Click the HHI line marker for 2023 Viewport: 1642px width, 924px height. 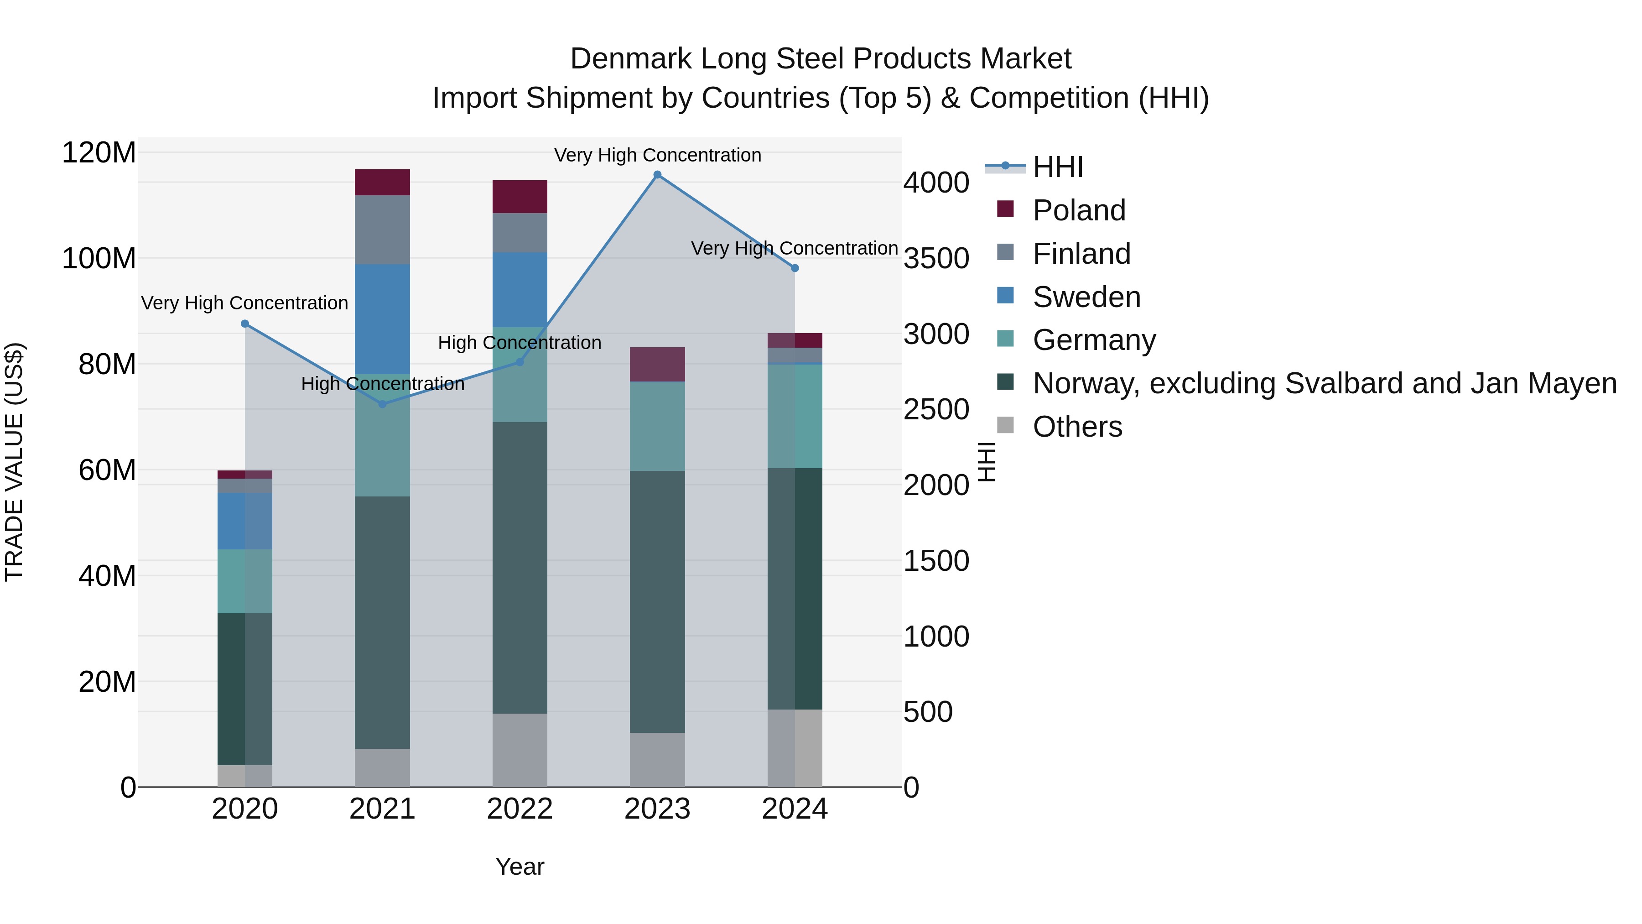click(657, 175)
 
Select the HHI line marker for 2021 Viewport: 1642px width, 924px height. click(383, 404)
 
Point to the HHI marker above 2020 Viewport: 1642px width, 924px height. click(245, 324)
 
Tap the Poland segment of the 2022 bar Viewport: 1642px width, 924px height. click(520, 196)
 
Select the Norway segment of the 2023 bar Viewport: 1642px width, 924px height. click(657, 601)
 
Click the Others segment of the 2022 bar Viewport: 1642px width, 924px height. click(520, 750)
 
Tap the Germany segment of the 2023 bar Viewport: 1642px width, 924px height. click(657, 426)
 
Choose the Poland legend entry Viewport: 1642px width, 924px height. click(1079, 210)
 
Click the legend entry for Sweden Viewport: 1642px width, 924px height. click(1086, 297)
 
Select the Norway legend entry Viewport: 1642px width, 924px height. click(1324, 383)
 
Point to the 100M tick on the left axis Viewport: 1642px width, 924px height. click(99, 259)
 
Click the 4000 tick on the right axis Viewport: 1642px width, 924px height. click(936, 183)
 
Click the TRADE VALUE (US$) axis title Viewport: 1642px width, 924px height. click(14, 462)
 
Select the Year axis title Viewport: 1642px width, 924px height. click(520, 867)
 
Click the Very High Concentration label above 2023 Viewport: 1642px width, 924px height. click(657, 155)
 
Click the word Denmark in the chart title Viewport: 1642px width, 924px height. click(630, 59)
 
